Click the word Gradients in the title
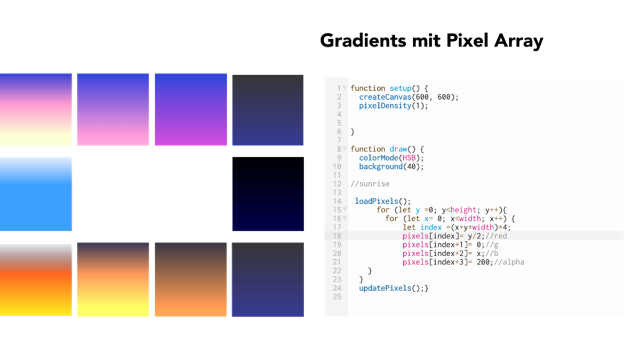[x=363, y=41]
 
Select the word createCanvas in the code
[x=385, y=97]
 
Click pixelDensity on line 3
[x=385, y=106]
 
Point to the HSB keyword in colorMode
[x=409, y=158]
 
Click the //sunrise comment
[x=370, y=183]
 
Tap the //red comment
[x=496, y=236]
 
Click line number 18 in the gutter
[x=337, y=236]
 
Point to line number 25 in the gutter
[x=337, y=297]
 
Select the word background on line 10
[x=381, y=166]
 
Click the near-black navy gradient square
[x=268, y=194]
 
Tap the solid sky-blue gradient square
[x=36, y=194]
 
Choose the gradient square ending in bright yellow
[x=113, y=279]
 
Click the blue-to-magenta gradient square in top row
[x=191, y=109]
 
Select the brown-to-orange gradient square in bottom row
[x=190, y=279]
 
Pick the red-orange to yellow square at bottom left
[x=36, y=279]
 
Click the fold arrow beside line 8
[x=345, y=149]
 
